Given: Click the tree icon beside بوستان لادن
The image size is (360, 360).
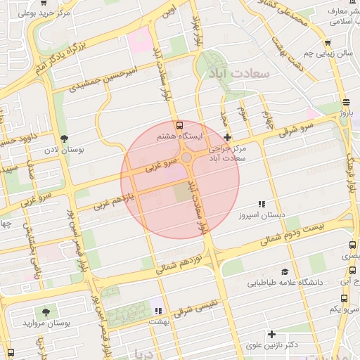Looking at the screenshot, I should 65,139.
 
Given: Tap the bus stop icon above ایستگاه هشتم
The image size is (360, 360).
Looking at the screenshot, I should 179,124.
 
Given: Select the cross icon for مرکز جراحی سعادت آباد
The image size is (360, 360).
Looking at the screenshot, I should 226,137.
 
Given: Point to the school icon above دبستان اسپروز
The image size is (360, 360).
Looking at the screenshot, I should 262,204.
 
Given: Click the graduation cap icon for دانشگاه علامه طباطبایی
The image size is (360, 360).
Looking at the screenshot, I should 285,272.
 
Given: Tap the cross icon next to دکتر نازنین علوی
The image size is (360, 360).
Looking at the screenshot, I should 271,334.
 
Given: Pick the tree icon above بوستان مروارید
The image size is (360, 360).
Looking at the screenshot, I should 46,311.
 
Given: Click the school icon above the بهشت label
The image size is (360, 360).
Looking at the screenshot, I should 159,310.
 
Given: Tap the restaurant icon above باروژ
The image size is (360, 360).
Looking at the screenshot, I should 345,102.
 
